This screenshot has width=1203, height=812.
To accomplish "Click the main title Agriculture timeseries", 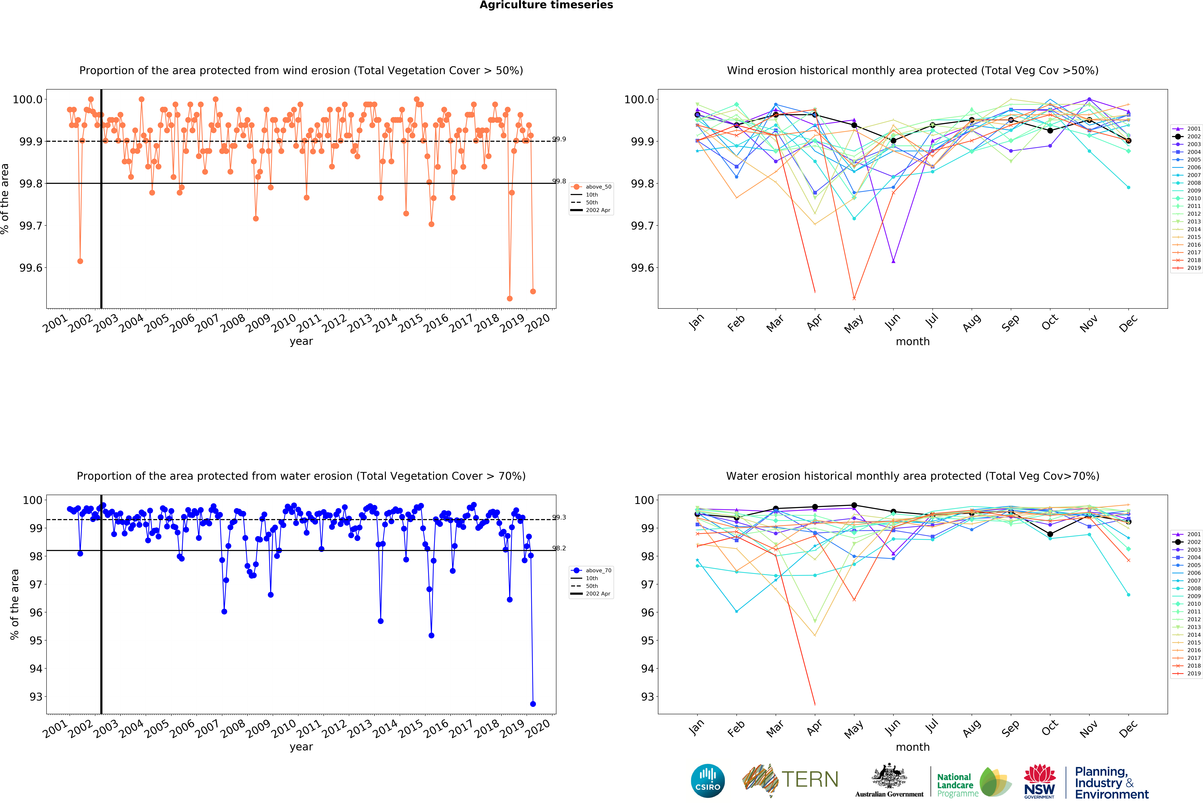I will click(546, 5).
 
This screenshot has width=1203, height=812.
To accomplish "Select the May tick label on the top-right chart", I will click(854, 324).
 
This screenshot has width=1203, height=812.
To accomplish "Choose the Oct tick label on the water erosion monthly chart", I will click(1050, 728).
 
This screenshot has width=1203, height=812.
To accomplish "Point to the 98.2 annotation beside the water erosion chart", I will click(559, 548).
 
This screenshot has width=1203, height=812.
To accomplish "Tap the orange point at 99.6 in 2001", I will click(80, 261).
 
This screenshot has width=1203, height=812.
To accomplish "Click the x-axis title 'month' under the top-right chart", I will click(913, 342).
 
